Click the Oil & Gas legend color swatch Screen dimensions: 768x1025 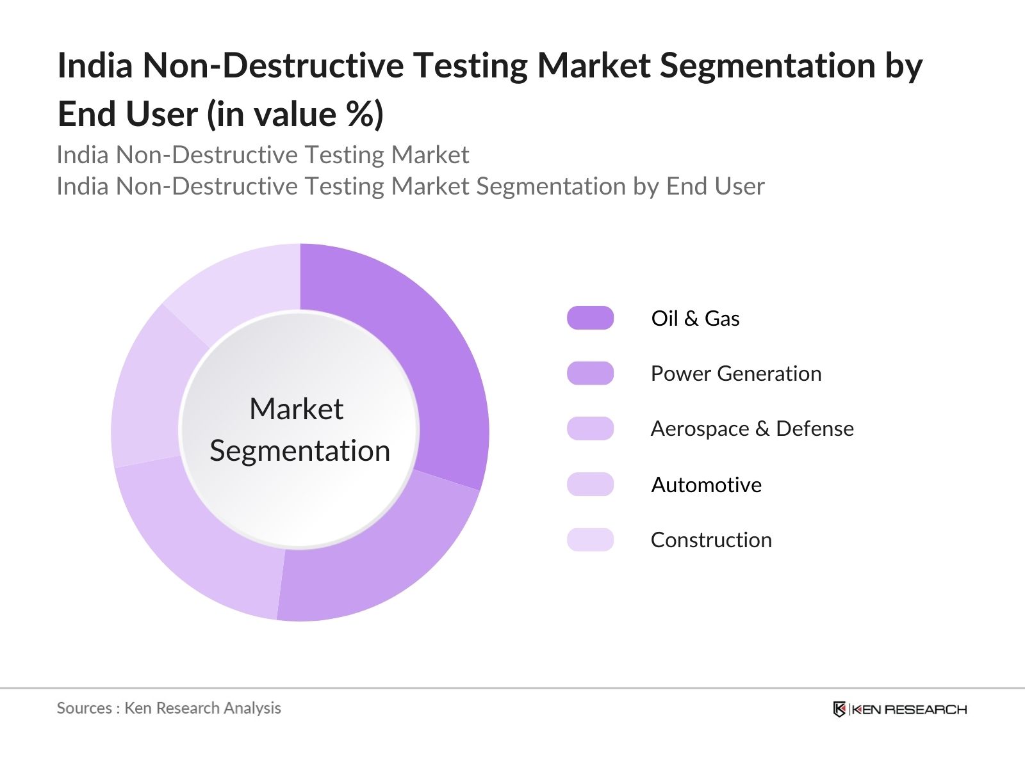pyautogui.click(x=590, y=318)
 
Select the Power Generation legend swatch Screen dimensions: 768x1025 pyautogui.click(x=590, y=373)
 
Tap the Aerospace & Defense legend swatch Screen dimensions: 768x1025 pyautogui.click(x=590, y=429)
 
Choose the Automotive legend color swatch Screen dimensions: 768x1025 pyautogui.click(x=590, y=484)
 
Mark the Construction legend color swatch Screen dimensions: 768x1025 pyautogui.click(x=590, y=540)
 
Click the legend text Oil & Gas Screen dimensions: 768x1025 pyautogui.click(x=695, y=318)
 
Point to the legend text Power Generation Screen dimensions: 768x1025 pyautogui.click(x=735, y=373)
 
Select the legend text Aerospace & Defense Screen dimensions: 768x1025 pyautogui.click(x=752, y=429)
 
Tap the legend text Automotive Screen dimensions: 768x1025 pyautogui.click(x=706, y=484)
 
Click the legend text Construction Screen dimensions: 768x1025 pyautogui.click(x=711, y=540)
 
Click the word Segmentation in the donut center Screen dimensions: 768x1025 pyautogui.click(x=300, y=451)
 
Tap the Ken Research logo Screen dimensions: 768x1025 pyautogui.click(x=899, y=709)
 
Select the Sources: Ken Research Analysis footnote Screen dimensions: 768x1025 pyautogui.click(x=169, y=708)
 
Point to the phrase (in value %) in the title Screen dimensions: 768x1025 pyautogui.click(x=295, y=115)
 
